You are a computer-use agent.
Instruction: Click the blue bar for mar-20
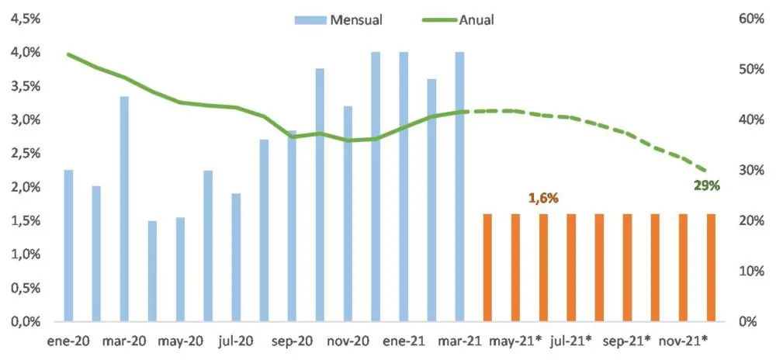click(x=124, y=209)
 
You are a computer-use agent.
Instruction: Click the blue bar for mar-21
click(x=459, y=186)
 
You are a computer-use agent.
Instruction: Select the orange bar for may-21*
click(x=515, y=267)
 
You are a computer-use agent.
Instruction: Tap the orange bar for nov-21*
click(x=683, y=267)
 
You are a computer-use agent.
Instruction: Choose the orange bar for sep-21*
click(x=627, y=267)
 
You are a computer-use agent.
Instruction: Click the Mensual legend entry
click(x=338, y=19)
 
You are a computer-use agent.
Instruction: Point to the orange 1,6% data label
click(x=544, y=199)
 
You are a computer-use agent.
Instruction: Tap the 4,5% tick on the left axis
click(x=25, y=19)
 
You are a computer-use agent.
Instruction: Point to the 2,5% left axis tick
click(x=25, y=153)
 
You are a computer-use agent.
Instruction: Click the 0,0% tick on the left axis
click(x=25, y=321)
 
